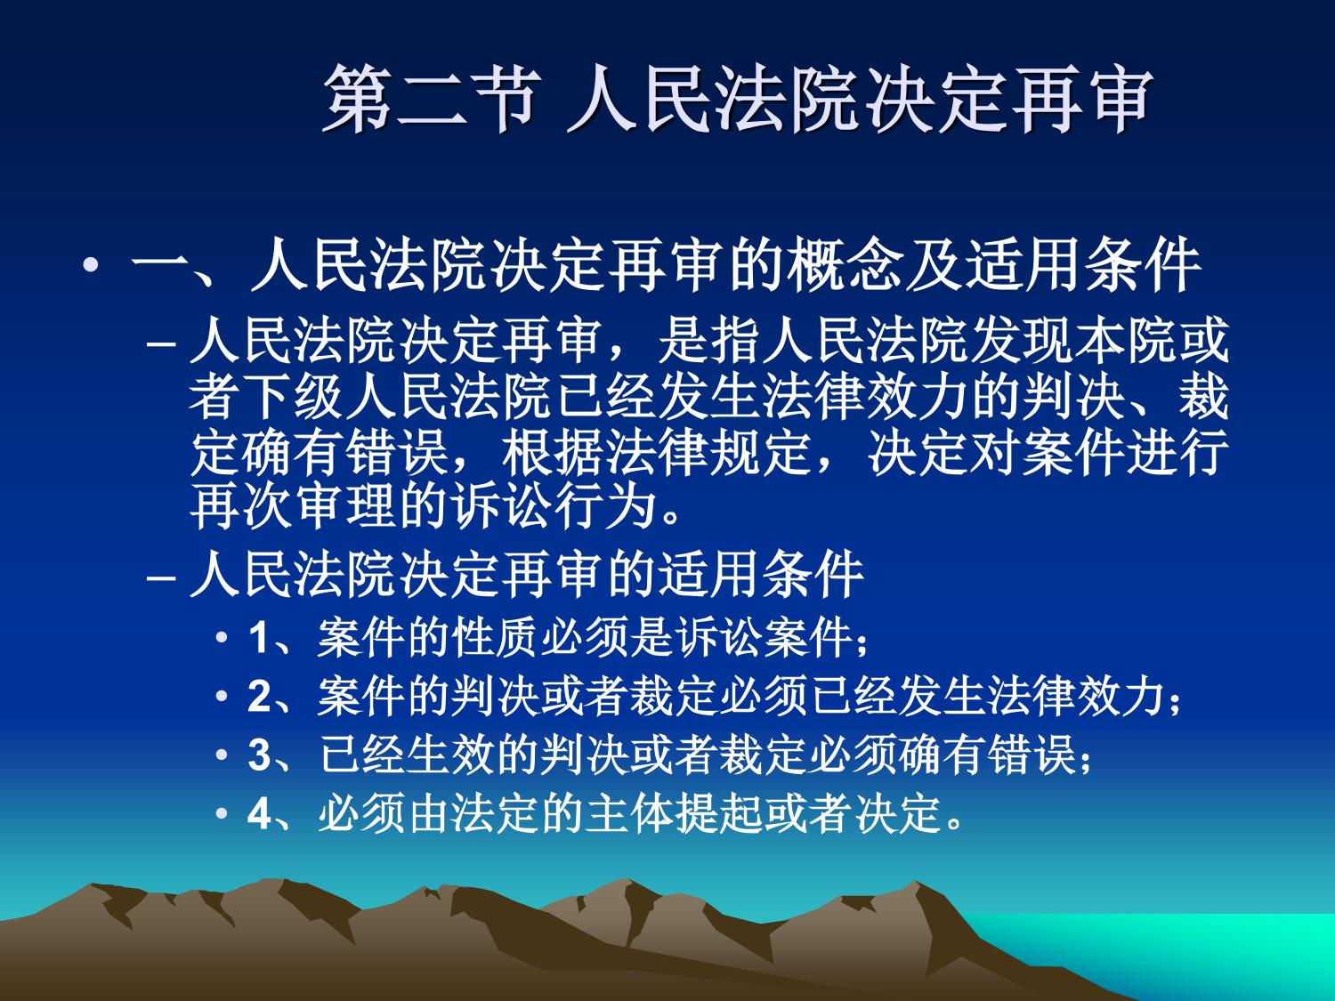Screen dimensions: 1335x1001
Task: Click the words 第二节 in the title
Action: [432, 100]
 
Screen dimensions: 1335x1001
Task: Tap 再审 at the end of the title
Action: [1082, 100]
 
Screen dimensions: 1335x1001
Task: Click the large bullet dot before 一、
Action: [92, 265]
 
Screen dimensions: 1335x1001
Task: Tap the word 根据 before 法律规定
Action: [553, 454]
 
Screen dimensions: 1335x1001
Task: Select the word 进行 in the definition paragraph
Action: [1177, 454]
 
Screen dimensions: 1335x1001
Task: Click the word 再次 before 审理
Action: [241, 508]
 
